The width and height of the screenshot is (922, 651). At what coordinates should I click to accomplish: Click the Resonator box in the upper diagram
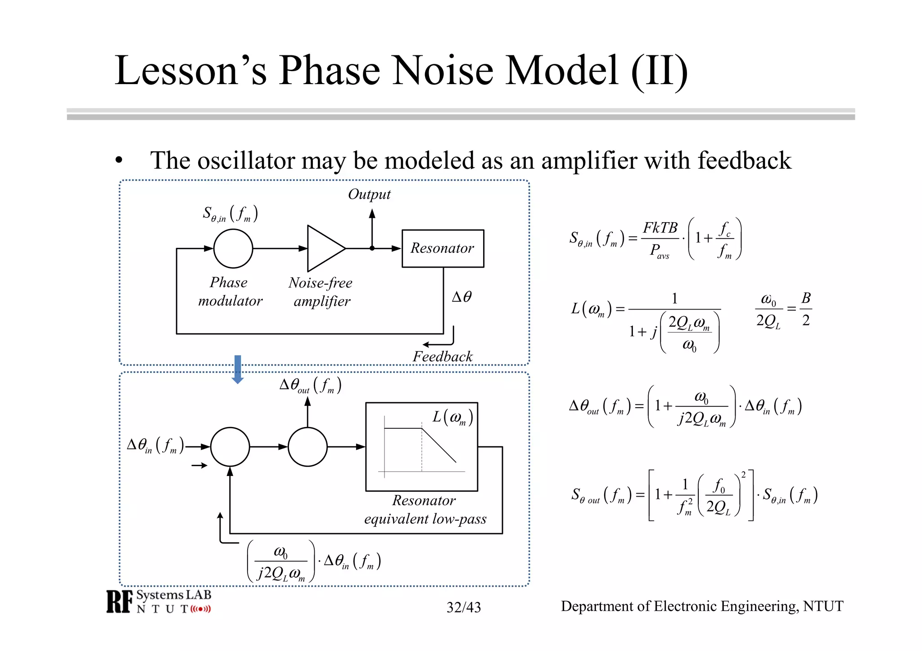(x=443, y=248)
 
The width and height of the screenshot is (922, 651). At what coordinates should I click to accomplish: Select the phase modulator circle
(x=233, y=248)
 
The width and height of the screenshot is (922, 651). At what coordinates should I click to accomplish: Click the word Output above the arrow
(x=369, y=194)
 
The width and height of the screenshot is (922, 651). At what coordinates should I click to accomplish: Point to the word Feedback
(x=443, y=357)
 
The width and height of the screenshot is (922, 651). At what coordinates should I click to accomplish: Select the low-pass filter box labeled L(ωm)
(x=421, y=446)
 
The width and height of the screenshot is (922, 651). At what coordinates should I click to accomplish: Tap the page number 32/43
(x=463, y=607)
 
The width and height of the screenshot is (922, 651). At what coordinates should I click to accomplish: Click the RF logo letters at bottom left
(x=119, y=602)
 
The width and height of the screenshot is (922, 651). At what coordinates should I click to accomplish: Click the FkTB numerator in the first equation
(x=660, y=228)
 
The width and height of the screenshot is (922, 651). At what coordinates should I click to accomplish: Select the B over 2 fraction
(x=806, y=309)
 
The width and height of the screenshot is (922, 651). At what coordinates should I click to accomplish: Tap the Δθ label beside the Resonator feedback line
(x=461, y=297)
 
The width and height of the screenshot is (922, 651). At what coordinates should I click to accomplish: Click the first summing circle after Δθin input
(x=230, y=447)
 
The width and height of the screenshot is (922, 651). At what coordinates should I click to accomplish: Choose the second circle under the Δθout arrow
(x=307, y=447)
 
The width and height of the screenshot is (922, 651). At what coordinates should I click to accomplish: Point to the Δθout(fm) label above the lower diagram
(x=310, y=385)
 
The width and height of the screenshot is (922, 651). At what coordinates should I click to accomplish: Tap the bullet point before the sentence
(x=119, y=160)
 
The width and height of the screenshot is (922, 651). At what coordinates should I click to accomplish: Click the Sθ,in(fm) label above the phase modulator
(x=230, y=214)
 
